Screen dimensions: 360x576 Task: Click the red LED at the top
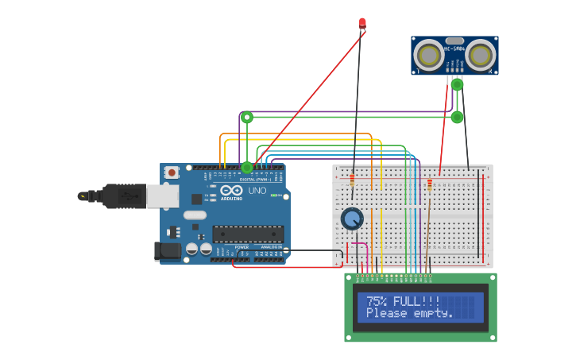coord(362,23)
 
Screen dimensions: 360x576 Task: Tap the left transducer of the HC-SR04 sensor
coord(429,55)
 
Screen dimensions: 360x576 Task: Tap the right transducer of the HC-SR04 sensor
coord(480,55)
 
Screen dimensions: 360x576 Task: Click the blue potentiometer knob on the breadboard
coord(352,219)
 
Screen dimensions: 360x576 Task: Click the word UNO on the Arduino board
coord(257,192)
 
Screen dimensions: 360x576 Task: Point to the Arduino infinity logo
coord(232,191)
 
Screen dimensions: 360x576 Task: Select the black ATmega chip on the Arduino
coord(247,234)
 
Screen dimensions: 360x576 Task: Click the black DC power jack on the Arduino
coord(168,251)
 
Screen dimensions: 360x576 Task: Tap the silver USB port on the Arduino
coord(162,196)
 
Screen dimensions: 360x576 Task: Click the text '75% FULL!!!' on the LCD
coord(403,301)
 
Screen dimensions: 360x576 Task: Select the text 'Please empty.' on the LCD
coord(409,313)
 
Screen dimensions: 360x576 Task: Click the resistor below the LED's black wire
coord(352,181)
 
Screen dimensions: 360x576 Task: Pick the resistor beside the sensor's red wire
coord(430,185)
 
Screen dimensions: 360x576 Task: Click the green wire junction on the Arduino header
coord(247,168)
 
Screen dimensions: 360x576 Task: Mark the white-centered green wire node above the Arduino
coord(247,118)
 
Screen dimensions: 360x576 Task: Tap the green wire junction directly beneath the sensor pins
coord(457,84)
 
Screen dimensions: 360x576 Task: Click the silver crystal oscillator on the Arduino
coord(195,215)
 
